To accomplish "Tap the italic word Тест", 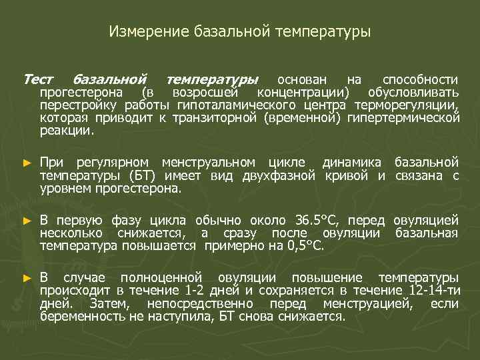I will tap(38, 79).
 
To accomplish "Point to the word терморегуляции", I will tap(406, 105).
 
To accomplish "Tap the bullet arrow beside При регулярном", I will tap(27, 163).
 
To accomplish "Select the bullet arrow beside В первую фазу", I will tap(27, 221).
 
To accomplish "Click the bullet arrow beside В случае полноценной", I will tap(27, 278).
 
